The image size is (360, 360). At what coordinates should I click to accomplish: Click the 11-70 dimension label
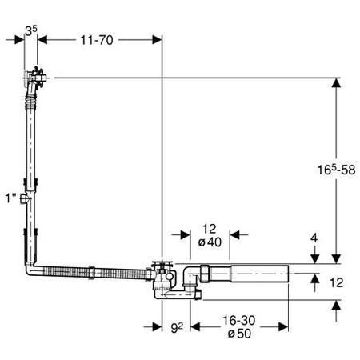pyautogui.click(x=97, y=40)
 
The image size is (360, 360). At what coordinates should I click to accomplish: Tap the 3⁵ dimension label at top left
pyautogui.click(x=31, y=30)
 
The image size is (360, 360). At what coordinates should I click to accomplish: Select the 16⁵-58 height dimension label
pyautogui.click(x=336, y=170)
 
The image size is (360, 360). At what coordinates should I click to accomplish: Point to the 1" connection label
pyautogui.click(x=11, y=198)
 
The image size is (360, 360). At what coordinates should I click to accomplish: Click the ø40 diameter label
pyautogui.click(x=210, y=242)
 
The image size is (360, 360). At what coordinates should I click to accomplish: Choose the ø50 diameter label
pyautogui.click(x=239, y=334)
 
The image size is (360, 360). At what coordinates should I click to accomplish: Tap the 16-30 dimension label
pyautogui.click(x=239, y=321)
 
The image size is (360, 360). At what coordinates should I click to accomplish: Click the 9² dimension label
pyautogui.click(x=177, y=328)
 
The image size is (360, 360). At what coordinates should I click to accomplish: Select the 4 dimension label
pyautogui.click(x=314, y=238)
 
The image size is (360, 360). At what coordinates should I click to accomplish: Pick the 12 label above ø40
pyautogui.click(x=209, y=229)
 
